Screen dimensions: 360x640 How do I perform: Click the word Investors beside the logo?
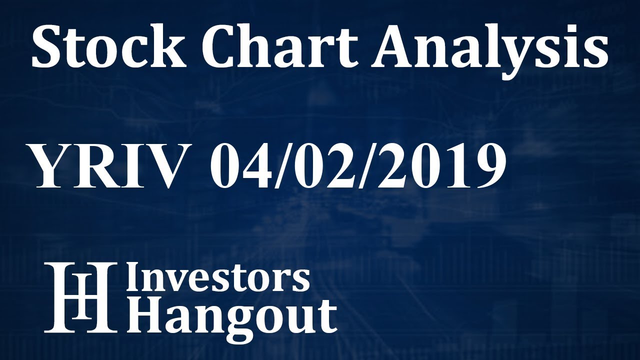click(218, 278)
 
